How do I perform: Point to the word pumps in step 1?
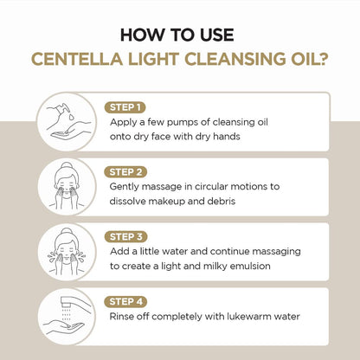183,122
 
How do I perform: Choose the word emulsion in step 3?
252,267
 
